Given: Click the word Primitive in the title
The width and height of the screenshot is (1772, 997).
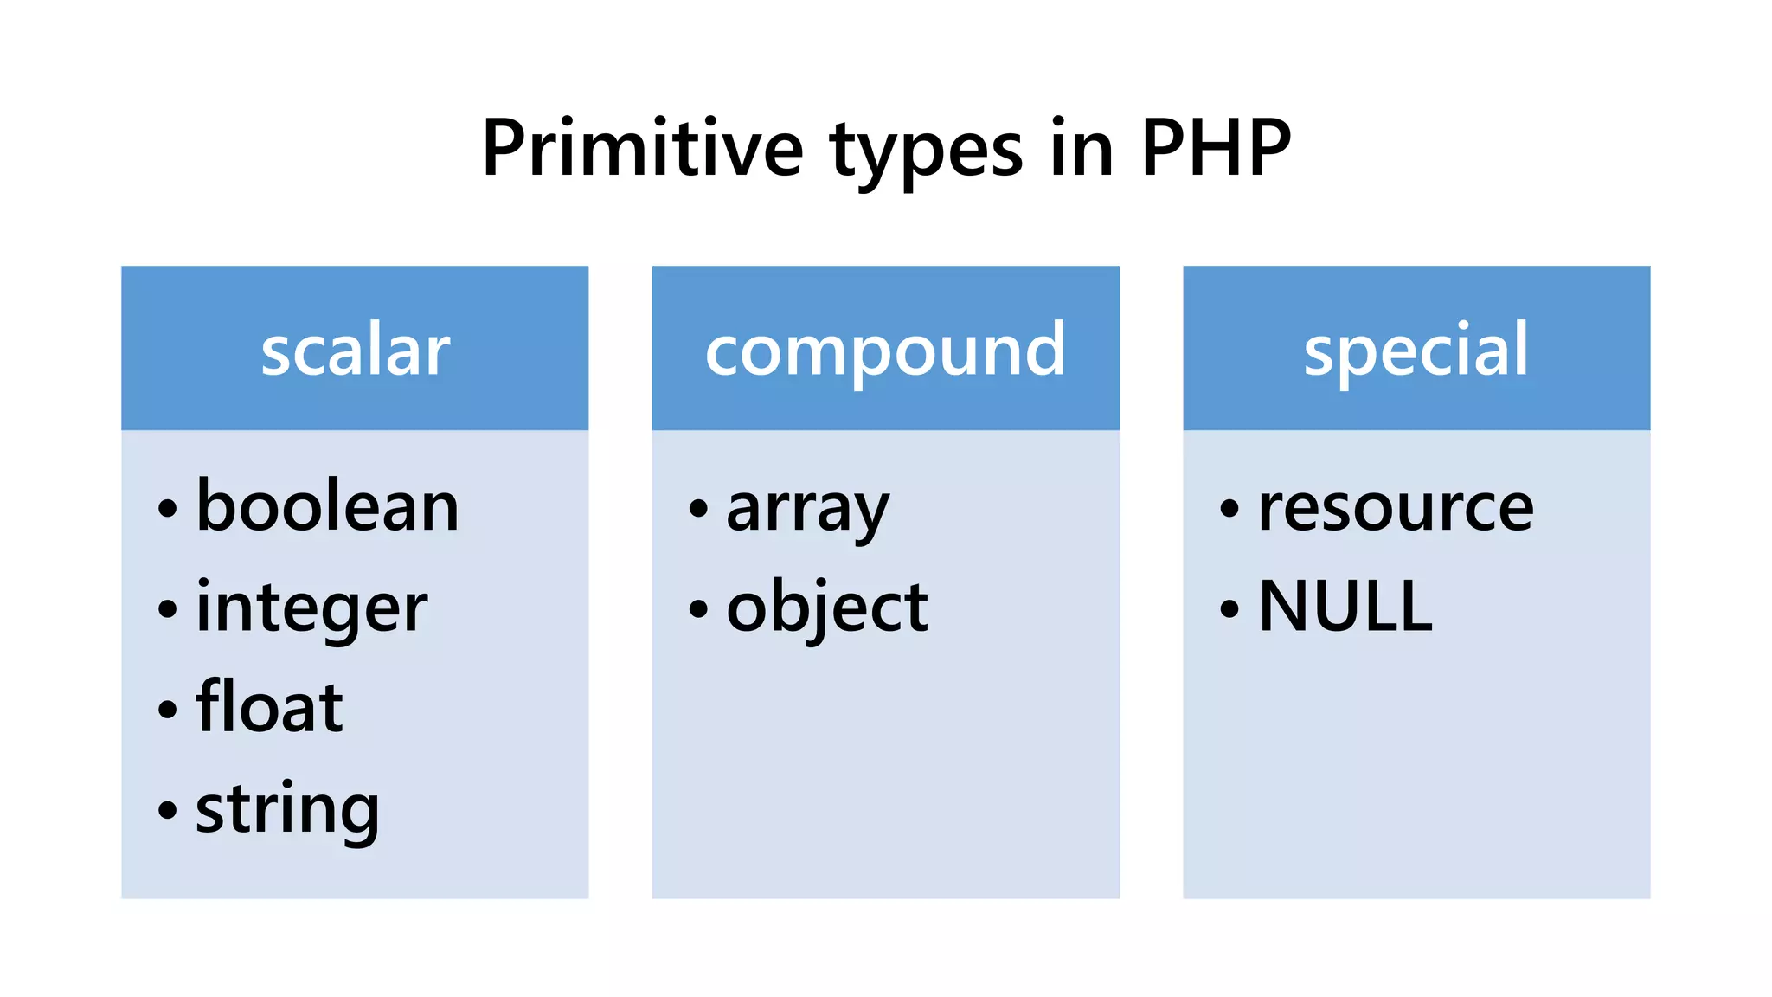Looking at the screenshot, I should coord(642,148).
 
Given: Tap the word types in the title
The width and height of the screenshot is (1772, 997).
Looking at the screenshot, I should coord(927,151).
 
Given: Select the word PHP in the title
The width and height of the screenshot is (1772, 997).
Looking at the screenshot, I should coord(1216,148).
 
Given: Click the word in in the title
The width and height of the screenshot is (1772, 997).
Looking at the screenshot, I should coord(1082,148).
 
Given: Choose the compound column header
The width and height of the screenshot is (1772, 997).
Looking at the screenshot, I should coord(885,351).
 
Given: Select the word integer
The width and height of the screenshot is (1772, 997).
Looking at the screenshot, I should coord(311,608).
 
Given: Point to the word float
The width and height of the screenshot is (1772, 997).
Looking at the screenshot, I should coord(269,707).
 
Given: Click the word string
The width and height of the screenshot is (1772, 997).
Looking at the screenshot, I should coord(287,810).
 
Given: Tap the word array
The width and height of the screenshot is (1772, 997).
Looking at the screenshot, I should coord(807,510).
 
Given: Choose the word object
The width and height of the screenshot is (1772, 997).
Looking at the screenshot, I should coord(827,608).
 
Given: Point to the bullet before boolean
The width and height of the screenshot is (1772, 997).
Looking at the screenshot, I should coord(168,509).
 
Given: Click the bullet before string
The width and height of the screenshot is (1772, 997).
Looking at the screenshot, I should coord(168,811).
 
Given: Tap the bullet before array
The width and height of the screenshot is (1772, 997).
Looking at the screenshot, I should coord(698,509).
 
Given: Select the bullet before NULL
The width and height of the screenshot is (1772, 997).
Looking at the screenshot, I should coord(1229,608).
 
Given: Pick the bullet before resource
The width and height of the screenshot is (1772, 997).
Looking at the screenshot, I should coord(1229,509).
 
